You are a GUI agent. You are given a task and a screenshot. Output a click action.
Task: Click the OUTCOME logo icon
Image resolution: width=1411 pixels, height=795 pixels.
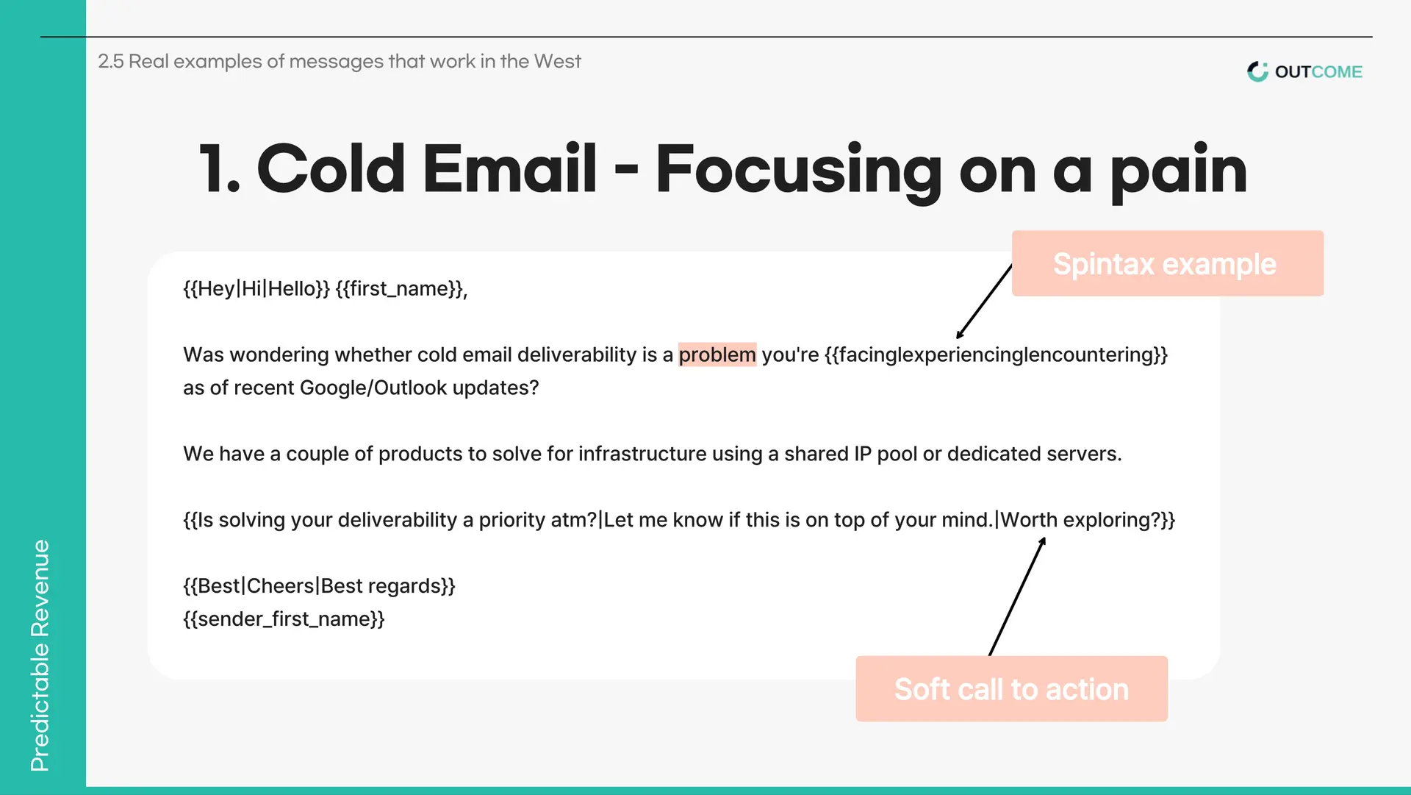point(1257,71)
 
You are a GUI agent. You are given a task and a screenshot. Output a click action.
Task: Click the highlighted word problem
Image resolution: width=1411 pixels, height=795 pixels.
point(717,354)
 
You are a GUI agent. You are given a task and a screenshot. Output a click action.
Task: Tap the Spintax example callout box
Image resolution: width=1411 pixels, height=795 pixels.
point(1167,263)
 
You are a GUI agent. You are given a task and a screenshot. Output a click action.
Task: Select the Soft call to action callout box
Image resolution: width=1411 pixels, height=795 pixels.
point(1011,688)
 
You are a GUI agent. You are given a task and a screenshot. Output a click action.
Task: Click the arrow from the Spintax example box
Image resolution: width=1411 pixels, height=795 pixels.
point(984,302)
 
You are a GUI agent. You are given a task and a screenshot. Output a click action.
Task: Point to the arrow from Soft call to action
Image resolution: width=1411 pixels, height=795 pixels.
point(1017,596)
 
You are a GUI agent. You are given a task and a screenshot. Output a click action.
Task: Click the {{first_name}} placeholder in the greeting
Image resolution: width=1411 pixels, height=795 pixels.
point(401,288)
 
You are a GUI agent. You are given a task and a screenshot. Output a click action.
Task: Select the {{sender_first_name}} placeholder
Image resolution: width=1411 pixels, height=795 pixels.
point(284,619)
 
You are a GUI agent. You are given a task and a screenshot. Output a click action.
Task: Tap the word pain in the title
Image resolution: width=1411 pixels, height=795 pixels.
point(1179,171)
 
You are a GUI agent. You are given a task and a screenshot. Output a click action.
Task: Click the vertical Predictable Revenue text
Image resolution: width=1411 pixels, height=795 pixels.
point(40,655)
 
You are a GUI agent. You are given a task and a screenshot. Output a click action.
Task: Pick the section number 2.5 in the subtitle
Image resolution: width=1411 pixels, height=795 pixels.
point(111,61)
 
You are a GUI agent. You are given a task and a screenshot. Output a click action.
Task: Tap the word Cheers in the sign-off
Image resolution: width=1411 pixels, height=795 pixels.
point(281,586)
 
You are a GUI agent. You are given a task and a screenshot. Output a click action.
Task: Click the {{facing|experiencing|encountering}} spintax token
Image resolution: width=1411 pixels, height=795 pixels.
point(997,354)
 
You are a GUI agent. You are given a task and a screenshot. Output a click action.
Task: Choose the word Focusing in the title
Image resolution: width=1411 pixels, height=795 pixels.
point(798,171)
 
